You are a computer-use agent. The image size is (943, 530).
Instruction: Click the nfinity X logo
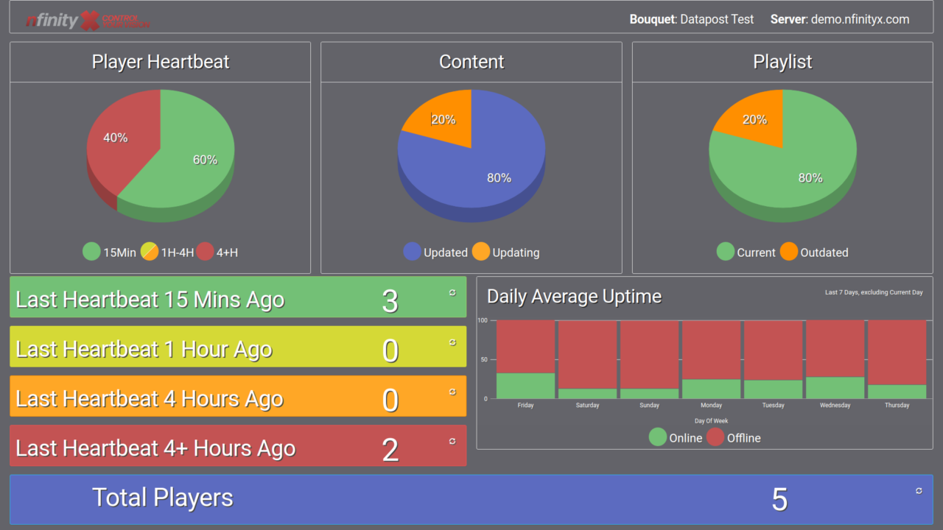88,20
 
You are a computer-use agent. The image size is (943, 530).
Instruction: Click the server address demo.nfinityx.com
860,20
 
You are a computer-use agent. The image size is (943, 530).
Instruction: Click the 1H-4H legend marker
150,252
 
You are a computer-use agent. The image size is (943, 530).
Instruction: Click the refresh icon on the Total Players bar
919,490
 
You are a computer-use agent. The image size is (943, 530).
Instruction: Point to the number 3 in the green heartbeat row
390,301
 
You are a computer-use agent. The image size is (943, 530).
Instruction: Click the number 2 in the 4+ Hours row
390,450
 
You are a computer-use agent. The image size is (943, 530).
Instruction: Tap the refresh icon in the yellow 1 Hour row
452,342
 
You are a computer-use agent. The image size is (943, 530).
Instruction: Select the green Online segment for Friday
525,386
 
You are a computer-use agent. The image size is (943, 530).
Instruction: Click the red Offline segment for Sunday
649,354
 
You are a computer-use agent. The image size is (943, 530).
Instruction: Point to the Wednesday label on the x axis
835,406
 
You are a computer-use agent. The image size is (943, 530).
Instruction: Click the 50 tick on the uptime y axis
483,360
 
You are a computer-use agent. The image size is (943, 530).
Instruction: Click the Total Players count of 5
779,500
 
